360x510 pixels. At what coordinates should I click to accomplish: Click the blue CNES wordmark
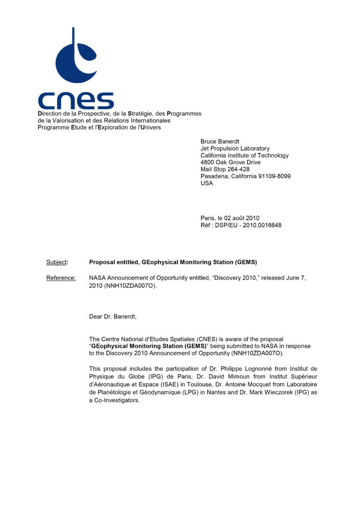click(x=75, y=101)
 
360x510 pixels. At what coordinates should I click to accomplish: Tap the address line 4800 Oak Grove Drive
click(x=231, y=162)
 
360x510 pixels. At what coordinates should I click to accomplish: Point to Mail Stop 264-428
click(x=225, y=169)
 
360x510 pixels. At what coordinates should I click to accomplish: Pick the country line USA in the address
click(x=207, y=183)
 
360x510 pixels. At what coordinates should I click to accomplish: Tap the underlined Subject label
click(x=56, y=262)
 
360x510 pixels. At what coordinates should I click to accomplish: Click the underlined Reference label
click(x=60, y=278)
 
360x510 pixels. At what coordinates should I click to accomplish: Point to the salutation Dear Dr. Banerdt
click(x=112, y=317)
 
